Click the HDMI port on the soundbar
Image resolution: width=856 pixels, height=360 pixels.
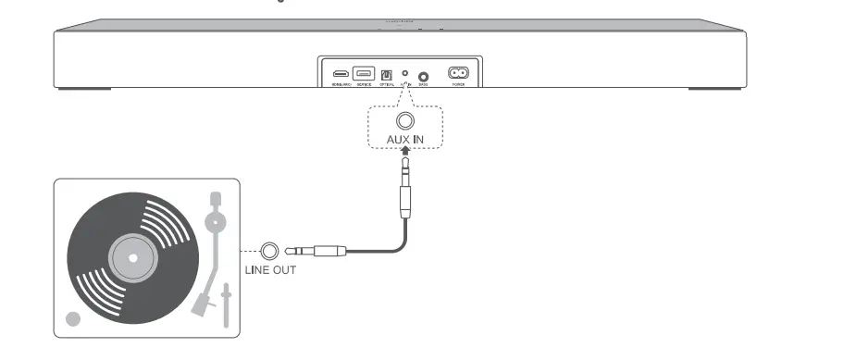tap(341, 73)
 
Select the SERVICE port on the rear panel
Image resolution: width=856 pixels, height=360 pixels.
tap(363, 73)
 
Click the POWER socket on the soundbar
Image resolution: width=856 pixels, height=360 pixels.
tap(458, 73)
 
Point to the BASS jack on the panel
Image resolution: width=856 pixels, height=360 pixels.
tap(424, 77)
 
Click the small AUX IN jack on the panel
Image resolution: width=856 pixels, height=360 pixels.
tap(404, 72)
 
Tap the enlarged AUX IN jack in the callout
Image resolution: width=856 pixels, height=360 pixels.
tap(404, 121)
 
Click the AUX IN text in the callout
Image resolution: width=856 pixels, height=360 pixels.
tap(404, 143)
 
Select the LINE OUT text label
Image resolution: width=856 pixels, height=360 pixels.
tap(270, 272)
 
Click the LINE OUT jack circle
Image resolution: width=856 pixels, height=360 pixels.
tap(270, 250)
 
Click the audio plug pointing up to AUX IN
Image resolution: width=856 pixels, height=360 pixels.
tap(404, 190)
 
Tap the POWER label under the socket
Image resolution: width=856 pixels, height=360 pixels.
tap(458, 84)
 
